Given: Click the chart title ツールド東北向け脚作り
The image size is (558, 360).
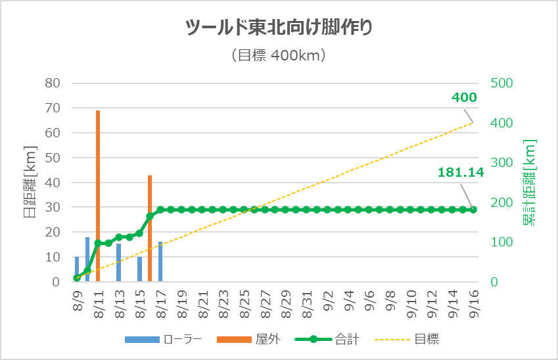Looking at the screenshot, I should (x=279, y=28).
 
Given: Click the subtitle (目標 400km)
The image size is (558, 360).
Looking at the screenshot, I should (x=279, y=56).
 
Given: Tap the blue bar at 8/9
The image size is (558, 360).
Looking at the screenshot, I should (x=77, y=269).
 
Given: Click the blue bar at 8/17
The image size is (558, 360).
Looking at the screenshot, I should (x=160, y=261).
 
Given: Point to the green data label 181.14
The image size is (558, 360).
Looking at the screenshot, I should (x=461, y=173).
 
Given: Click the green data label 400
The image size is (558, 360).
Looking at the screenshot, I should (x=464, y=98).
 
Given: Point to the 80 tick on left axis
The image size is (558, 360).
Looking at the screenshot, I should (x=53, y=83).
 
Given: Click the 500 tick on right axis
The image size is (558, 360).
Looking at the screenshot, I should (x=501, y=83).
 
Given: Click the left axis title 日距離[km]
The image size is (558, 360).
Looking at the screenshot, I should (x=30, y=183).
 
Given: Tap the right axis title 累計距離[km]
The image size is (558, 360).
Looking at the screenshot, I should (x=530, y=183).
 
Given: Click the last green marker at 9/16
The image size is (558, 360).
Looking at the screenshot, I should (x=473, y=210).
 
